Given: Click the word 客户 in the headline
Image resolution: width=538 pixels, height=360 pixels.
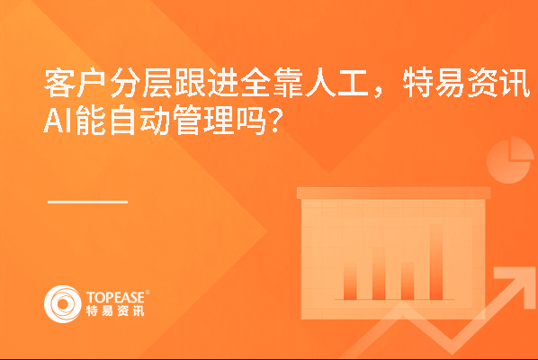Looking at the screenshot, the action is tap(76, 83).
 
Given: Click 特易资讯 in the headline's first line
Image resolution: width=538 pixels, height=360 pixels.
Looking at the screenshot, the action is tap(467, 83).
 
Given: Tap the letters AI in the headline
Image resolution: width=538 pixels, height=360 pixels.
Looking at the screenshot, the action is tap(58, 121).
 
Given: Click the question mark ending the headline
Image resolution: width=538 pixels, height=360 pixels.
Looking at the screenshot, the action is tap(276, 121).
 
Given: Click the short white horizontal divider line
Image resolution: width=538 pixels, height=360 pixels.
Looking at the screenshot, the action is tap(87, 202).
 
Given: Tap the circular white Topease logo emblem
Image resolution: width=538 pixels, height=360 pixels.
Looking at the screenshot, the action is tap(63, 304).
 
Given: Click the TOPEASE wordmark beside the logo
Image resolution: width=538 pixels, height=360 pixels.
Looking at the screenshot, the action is tap(116, 298).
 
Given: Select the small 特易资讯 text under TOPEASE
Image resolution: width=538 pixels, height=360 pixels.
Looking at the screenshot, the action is tap(115, 310).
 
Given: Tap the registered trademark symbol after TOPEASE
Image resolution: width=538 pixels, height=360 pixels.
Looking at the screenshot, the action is tap(148, 292).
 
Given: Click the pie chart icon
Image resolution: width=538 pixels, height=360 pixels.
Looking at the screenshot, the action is tap(510, 160).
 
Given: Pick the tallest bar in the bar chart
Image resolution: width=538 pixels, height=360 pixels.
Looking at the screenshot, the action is tap(436, 262).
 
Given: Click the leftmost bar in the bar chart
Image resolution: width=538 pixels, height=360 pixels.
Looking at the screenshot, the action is tap(350, 281).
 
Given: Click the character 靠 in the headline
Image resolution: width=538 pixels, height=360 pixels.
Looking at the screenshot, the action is tap(288, 83).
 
